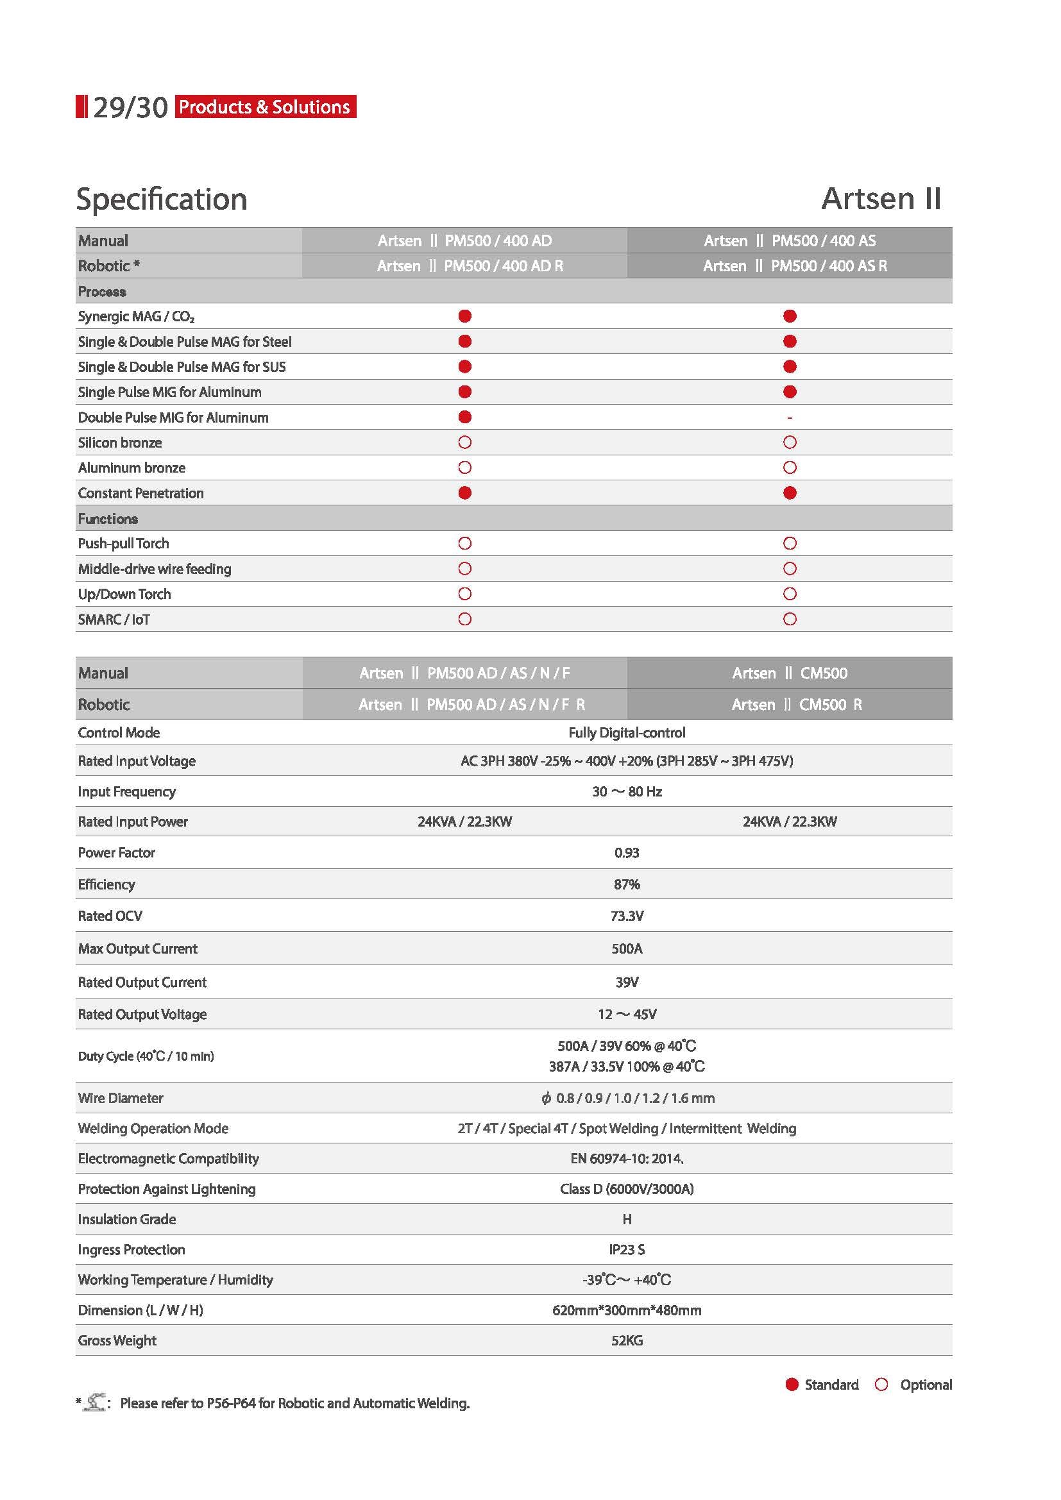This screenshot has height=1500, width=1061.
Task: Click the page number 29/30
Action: pos(130,107)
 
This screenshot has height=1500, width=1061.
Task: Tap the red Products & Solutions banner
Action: pos(266,106)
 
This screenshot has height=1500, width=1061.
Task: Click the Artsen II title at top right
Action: pos(881,199)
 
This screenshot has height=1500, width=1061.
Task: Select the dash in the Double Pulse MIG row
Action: pos(789,417)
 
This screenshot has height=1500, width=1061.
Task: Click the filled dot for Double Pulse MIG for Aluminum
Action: pos(464,417)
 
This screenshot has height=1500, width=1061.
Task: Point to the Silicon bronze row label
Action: pos(119,442)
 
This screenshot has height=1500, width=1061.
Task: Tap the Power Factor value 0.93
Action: pos(627,852)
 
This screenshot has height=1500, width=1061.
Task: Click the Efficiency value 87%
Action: pos(627,884)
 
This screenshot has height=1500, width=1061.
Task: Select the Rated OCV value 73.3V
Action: pos(627,916)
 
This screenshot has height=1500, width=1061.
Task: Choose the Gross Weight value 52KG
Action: pos(627,1340)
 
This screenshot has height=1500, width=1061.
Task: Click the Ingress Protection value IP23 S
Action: pos(627,1249)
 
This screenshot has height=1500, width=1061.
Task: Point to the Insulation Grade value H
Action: pos(627,1219)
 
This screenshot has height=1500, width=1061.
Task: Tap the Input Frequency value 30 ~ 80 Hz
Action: pos(627,791)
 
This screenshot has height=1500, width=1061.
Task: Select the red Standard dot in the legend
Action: pos(792,1385)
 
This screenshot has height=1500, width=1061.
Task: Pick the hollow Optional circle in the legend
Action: pos(881,1385)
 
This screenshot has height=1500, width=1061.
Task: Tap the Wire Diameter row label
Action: pos(120,1097)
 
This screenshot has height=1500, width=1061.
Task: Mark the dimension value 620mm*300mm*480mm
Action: pos(627,1310)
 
